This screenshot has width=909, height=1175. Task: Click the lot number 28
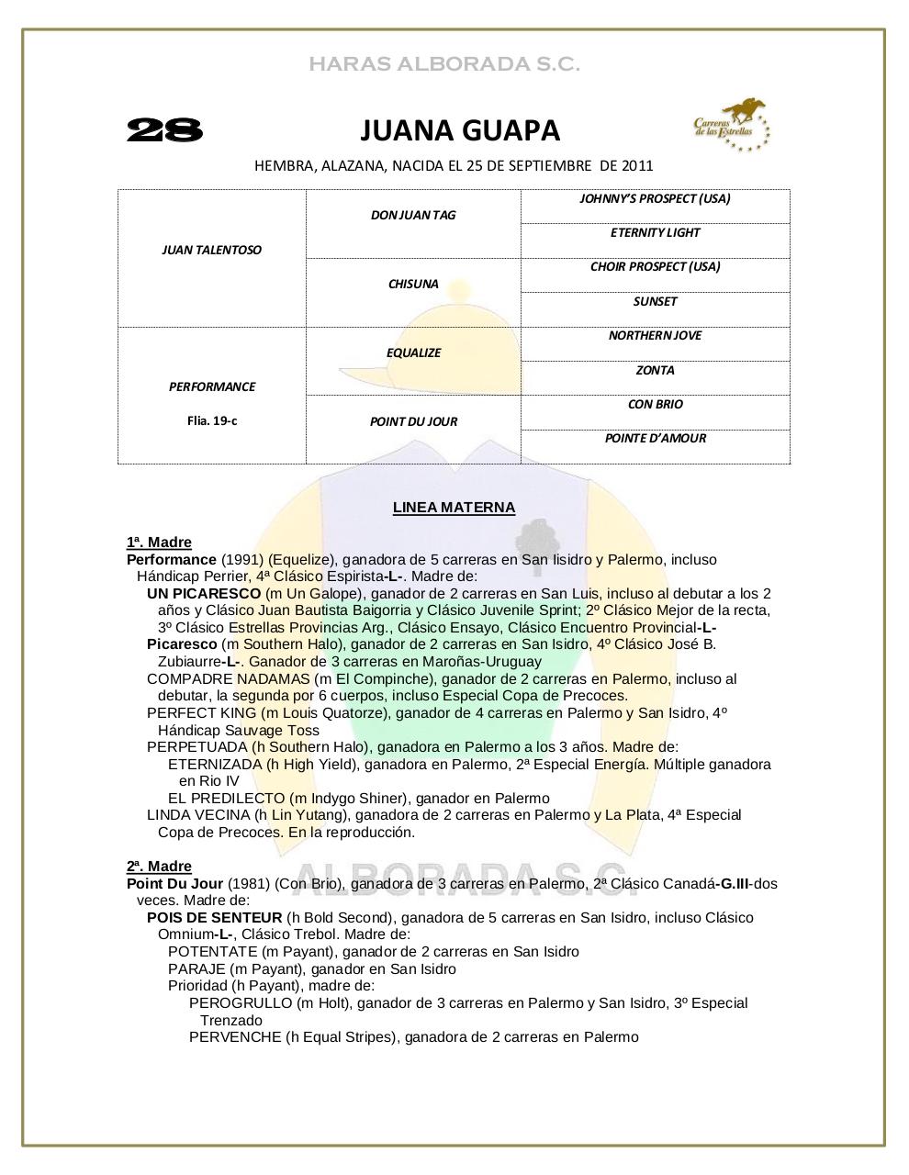[x=164, y=130]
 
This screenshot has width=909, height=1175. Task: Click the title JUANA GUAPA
[x=459, y=131]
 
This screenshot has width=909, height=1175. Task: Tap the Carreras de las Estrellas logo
[x=731, y=126]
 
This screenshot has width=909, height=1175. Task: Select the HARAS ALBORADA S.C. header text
[x=444, y=64]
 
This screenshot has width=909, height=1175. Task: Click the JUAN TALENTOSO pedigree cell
[x=211, y=250]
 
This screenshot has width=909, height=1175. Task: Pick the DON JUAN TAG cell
[x=413, y=215]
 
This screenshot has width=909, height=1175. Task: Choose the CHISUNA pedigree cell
[x=413, y=284]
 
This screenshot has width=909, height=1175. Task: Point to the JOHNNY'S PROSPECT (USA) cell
[x=655, y=198]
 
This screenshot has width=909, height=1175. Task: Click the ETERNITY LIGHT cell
[x=655, y=232]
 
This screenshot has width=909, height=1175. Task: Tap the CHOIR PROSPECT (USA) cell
[x=655, y=266]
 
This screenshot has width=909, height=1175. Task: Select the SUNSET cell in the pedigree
[x=655, y=301]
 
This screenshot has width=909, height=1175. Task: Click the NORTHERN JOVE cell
[x=655, y=335]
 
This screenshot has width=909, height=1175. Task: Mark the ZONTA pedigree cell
[x=655, y=370]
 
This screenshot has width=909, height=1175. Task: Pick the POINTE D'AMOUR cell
[x=655, y=438]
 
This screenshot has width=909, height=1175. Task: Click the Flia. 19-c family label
[x=211, y=421]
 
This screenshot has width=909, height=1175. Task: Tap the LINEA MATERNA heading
[x=454, y=508]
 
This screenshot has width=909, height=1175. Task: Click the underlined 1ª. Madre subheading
[x=159, y=543]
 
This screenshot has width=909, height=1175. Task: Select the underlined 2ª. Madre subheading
[x=159, y=867]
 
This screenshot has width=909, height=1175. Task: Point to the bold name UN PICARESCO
[x=204, y=594]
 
